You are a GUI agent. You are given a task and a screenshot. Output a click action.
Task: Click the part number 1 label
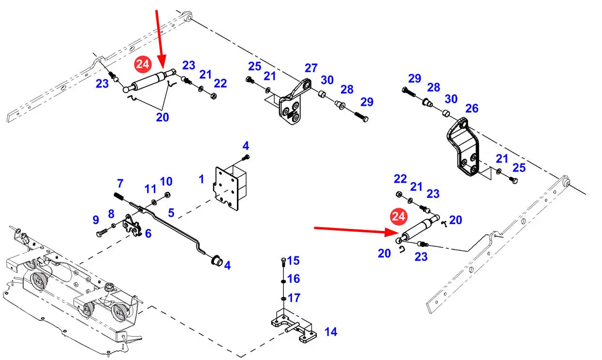(x=201, y=179)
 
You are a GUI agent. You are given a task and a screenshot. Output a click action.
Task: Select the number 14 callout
(x=331, y=332)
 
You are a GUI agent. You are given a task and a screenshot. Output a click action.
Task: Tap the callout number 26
(x=471, y=108)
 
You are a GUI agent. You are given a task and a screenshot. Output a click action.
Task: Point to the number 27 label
(x=310, y=68)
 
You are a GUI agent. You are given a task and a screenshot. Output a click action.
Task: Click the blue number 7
(x=120, y=184)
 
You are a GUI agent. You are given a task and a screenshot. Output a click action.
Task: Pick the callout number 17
(x=294, y=297)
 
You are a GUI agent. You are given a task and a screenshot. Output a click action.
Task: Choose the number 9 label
(x=96, y=220)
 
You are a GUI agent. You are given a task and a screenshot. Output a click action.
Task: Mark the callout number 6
(x=148, y=233)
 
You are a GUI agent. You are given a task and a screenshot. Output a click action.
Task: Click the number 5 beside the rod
(x=171, y=212)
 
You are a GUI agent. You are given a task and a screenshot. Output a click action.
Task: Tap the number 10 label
(x=166, y=182)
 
